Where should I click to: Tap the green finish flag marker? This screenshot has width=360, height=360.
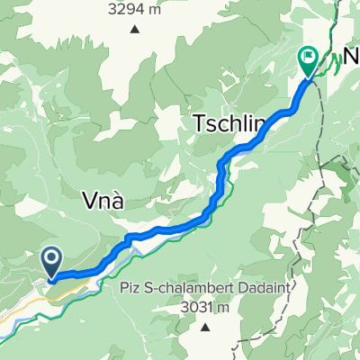pyautogui.click(x=308, y=60)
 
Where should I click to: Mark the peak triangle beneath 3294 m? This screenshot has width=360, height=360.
pyautogui.click(x=134, y=29)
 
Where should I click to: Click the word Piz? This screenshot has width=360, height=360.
pyautogui.click(x=129, y=289)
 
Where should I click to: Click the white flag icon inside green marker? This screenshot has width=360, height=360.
pyautogui.click(x=308, y=58)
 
